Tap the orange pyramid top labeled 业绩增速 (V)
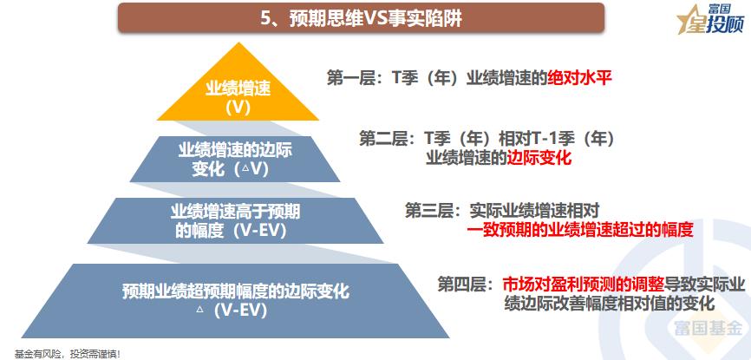pyautogui.click(x=238, y=96)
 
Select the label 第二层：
pyautogui.click(x=388, y=138)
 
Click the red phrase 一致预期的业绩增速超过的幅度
pyautogui.click(x=580, y=230)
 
